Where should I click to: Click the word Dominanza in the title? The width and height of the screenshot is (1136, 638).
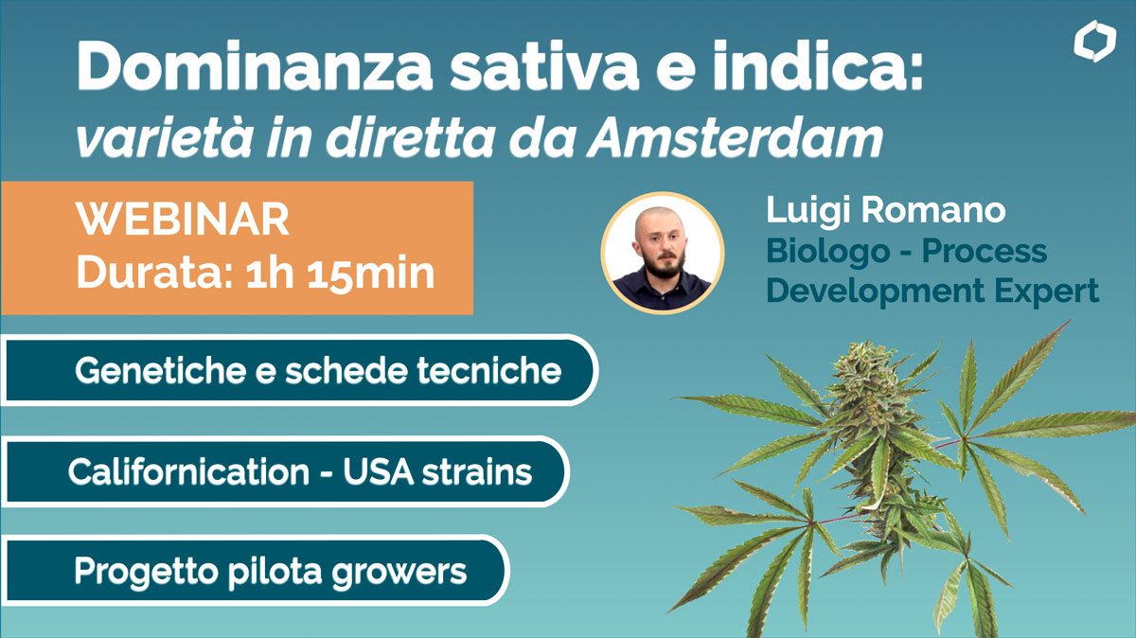[x=255, y=66]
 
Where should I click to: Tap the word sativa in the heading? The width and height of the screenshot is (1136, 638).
[x=543, y=67]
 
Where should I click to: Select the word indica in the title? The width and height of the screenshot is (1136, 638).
[x=806, y=66]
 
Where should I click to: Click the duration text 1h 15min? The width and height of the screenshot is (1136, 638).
[x=340, y=275]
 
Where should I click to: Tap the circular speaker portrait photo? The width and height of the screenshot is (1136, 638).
[x=663, y=253]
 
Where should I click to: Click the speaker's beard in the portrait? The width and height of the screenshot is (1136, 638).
[x=665, y=264]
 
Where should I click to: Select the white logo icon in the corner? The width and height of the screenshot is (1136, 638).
[x=1094, y=41]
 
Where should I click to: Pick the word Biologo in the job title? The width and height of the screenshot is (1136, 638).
[x=827, y=252]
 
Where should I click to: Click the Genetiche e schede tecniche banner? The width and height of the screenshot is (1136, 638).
[x=299, y=370]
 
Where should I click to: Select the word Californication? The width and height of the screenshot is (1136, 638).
[x=188, y=471]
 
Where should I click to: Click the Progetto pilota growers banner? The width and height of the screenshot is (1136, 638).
[x=255, y=571]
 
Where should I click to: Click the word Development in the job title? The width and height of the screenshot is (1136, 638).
[x=875, y=292]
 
